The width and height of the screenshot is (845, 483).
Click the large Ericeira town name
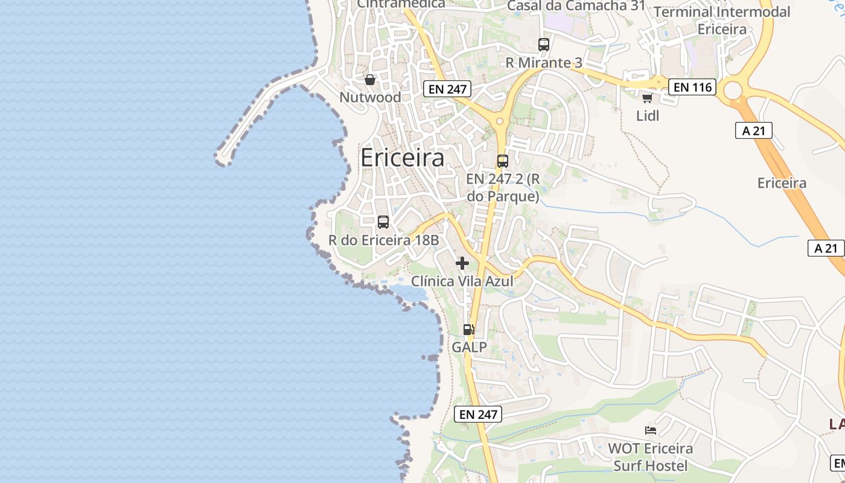[402, 158]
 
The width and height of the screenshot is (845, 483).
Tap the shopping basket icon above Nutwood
[370, 80]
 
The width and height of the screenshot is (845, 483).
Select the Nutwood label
[370, 97]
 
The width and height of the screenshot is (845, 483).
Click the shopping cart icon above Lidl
[648, 98]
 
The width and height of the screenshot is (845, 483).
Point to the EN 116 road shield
[692, 87]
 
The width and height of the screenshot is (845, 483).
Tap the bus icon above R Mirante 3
[544, 44]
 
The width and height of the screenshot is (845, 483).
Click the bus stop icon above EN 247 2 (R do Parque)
[503, 161]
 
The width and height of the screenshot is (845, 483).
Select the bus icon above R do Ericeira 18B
[383, 222]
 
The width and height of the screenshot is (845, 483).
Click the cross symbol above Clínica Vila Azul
[462, 263]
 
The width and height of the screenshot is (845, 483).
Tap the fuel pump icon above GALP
[468, 330]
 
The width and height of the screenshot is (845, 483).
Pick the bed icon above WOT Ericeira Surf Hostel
[651, 430]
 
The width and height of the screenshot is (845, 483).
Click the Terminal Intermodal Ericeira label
[722, 20]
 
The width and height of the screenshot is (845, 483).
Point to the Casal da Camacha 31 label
[576, 6]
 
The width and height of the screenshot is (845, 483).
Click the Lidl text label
[648, 115]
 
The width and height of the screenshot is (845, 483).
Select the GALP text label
[469, 348]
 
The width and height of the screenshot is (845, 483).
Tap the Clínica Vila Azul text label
[462, 281]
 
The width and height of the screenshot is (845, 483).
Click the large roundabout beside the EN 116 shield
[732, 91]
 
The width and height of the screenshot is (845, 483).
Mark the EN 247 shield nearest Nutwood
[447, 89]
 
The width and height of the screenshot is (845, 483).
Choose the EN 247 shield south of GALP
[478, 414]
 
